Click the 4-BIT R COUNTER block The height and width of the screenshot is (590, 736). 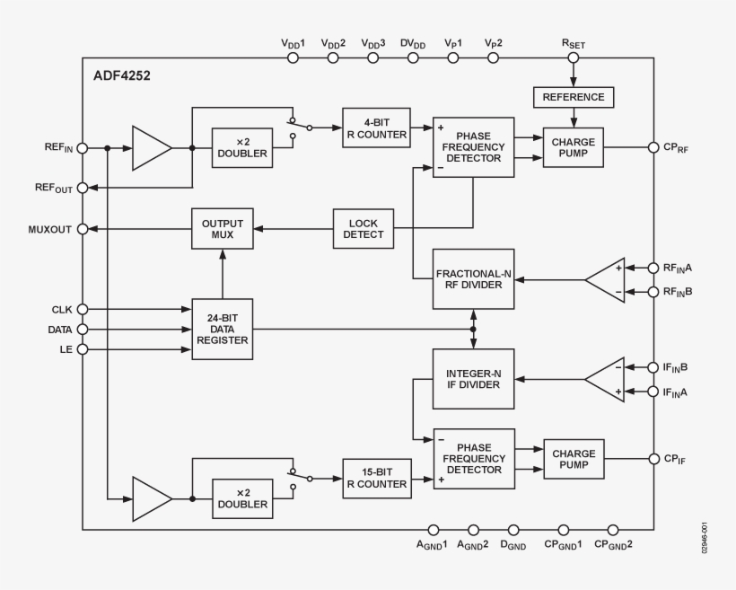(377, 128)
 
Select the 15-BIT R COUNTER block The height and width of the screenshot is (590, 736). (377, 478)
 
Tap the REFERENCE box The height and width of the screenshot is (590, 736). (574, 97)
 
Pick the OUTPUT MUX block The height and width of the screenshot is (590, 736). (223, 228)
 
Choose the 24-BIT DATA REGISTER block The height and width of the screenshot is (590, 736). (223, 330)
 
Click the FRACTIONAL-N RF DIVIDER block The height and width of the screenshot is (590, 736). (473, 279)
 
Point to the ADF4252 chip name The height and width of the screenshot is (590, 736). (121, 76)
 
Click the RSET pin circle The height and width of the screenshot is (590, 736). (574, 57)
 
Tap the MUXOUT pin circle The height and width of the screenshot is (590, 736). (83, 229)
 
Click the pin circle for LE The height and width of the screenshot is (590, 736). (83, 349)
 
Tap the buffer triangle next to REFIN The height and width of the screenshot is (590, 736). (150, 147)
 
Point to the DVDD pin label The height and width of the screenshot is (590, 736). (413, 43)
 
